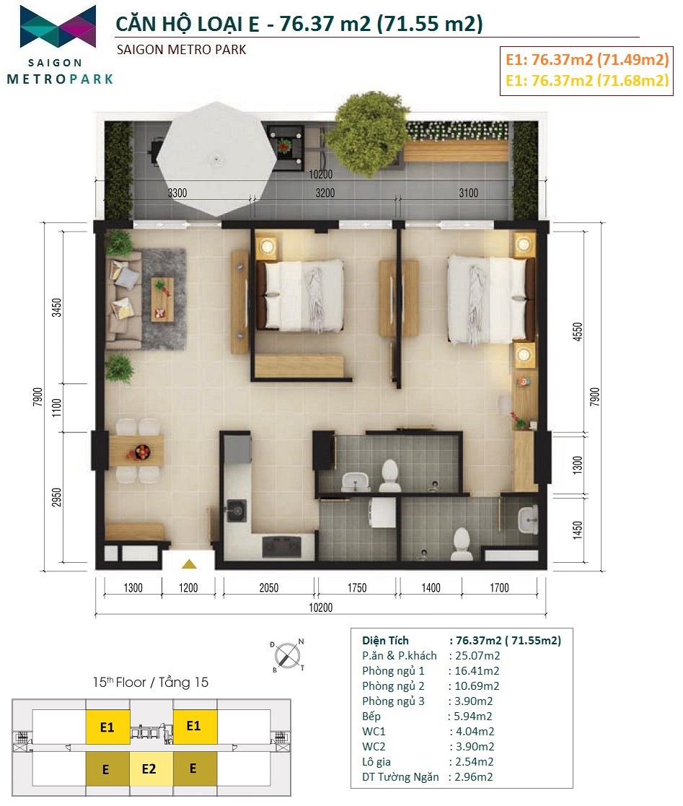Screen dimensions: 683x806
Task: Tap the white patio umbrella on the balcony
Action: pos(216,159)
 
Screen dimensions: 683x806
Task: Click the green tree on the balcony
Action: pos(366,128)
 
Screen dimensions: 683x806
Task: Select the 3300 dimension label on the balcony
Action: pos(177,193)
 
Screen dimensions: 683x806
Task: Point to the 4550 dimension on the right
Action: pos(578,331)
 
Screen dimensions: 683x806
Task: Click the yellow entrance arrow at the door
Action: pos(189,564)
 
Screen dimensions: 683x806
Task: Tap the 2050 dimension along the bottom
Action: pos(269,588)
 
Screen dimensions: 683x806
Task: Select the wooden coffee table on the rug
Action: pos(162,299)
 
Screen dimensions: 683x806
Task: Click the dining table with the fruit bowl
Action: pos(136,451)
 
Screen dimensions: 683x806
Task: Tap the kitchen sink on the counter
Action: pos(236,510)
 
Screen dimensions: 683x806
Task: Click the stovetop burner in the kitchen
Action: pos(281,547)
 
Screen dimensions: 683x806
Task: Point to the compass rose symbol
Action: pos(287,656)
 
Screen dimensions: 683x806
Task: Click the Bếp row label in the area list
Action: pos(371,716)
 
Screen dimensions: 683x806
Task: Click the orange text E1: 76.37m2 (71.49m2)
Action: pos(587,60)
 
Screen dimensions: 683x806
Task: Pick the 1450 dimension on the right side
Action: pos(578,530)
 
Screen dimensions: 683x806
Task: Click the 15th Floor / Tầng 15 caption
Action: pos(151,682)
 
